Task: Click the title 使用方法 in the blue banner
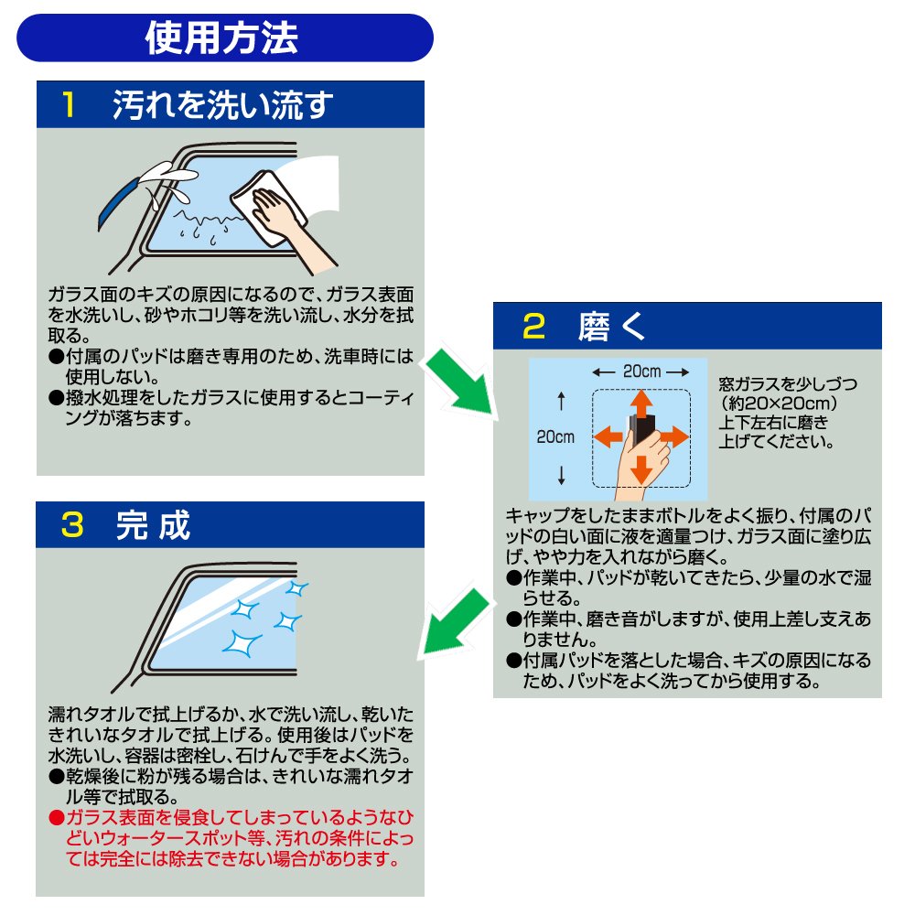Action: coord(221,38)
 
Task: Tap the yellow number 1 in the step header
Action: coord(69,105)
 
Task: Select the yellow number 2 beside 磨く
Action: coord(534,327)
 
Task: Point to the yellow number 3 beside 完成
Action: coord(72,524)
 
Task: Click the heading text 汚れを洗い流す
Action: coord(223,105)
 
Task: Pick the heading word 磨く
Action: coord(611,327)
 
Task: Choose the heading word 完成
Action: coord(153,524)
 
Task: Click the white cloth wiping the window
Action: coord(268,207)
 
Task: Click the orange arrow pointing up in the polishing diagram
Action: coord(641,404)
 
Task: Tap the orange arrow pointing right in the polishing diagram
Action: coord(674,436)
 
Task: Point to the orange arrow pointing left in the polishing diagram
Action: coord(608,436)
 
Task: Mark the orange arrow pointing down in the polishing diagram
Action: coord(641,469)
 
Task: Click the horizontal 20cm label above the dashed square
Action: coord(642,371)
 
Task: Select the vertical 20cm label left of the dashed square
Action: coord(555,437)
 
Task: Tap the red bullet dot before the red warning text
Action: coord(57,817)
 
